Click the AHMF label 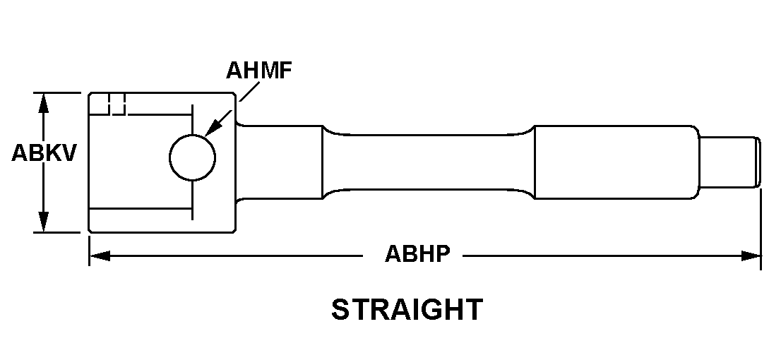click(x=259, y=71)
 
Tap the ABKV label click(x=44, y=153)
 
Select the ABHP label click(x=417, y=255)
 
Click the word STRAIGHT click(x=407, y=310)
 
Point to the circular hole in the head click(x=192, y=156)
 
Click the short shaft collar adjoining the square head click(x=279, y=162)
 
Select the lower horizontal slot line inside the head click(x=141, y=208)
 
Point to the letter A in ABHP click(x=392, y=255)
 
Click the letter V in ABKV click(x=68, y=153)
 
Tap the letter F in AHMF click(x=285, y=71)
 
